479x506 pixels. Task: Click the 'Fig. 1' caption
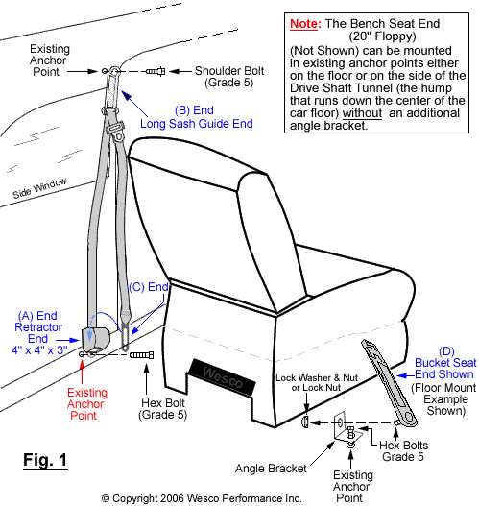(44, 460)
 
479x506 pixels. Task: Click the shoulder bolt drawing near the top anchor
(156, 70)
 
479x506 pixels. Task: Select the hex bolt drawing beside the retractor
(140, 356)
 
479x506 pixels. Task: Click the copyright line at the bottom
(202, 498)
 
